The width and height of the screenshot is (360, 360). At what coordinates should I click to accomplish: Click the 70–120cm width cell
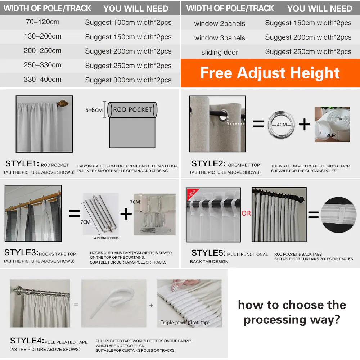[42, 22]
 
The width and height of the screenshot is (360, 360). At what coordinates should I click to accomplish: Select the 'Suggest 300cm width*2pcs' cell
[128, 80]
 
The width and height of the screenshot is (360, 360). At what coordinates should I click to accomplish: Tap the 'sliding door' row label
[220, 52]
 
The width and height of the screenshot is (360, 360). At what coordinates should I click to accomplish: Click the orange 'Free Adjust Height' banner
[270, 73]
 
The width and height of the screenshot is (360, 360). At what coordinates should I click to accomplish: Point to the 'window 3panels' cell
[220, 38]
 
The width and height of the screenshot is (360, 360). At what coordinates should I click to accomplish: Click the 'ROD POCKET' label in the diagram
[132, 109]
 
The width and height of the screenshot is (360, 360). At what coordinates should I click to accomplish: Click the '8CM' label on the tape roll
[331, 135]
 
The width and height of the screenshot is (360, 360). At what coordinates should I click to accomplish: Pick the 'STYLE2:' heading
[208, 163]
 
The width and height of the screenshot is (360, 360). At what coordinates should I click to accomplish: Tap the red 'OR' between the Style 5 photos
[246, 213]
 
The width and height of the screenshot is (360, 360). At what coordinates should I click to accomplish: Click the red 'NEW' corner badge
[192, 193]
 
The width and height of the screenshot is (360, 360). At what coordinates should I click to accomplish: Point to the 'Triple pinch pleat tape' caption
[185, 322]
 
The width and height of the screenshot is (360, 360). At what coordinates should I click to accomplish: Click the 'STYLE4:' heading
[27, 341]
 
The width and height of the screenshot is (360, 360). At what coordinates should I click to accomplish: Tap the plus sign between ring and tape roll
[304, 125]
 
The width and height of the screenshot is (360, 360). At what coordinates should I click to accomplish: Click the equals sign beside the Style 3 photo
[74, 214]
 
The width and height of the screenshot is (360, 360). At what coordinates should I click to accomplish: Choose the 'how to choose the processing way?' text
[292, 312]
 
